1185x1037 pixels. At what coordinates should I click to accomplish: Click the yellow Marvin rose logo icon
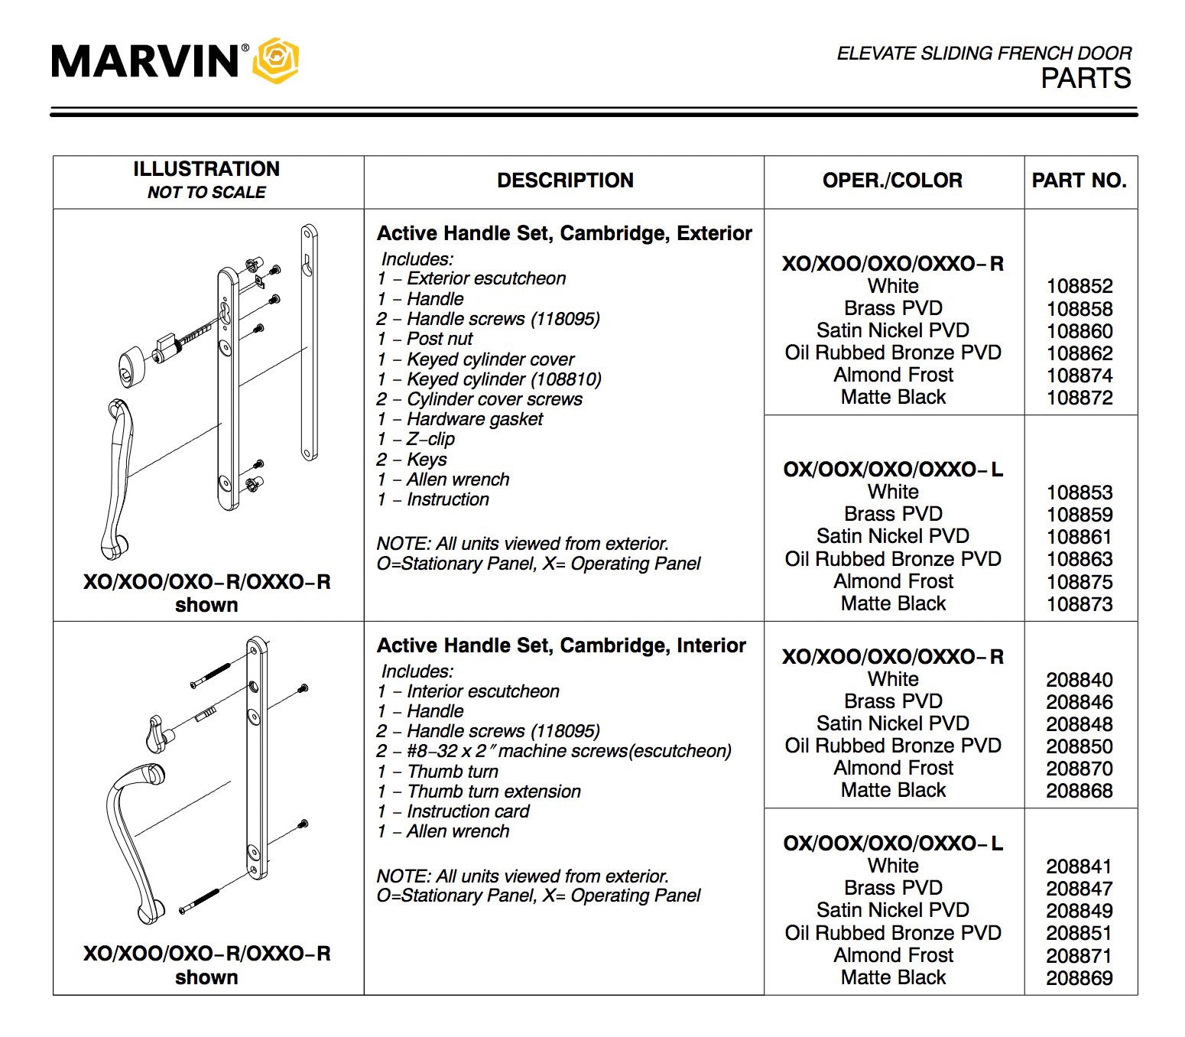click(275, 60)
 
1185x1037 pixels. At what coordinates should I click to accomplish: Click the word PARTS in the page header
click(1086, 79)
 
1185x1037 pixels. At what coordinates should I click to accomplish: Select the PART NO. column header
click(1079, 180)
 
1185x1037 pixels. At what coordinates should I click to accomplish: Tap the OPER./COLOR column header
click(892, 180)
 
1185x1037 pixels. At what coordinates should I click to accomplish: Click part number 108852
click(1079, 287)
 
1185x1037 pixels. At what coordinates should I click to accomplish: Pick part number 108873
click(1079, 604)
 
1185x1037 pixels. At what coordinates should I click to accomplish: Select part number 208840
click(1079, 680)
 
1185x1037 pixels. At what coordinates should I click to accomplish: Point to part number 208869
click(1079, 978)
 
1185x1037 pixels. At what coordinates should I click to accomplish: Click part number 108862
click(1079, 353)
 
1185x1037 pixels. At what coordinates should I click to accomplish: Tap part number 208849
click(1079, 911)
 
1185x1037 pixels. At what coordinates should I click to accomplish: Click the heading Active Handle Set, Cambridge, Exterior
click(564, 233)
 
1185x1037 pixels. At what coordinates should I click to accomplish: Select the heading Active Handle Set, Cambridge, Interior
click(561, 645)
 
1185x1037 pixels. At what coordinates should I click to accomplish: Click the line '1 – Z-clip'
click(416, 439)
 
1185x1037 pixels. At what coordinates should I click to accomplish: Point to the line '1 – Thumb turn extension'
click(479, 792)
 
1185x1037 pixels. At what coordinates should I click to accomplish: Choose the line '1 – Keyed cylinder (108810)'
click(489, 379)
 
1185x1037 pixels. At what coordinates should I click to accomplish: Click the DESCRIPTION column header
click(565, 180)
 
